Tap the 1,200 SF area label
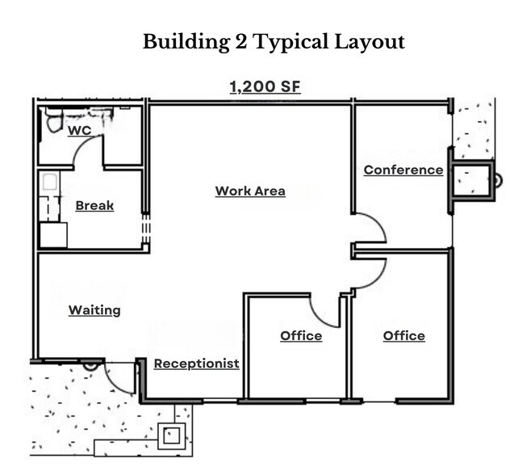[265, 86]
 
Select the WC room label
[79, 130]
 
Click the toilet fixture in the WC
[54, 120]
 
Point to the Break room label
[94, 205]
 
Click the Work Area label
[250, 191]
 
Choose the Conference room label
[403, 170]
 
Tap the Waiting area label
[94, 309]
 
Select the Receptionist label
[196, 363]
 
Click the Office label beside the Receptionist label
[301, 335]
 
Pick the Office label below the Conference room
[403, 335]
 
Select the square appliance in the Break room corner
[53, 234]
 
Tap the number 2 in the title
[240, 42]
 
